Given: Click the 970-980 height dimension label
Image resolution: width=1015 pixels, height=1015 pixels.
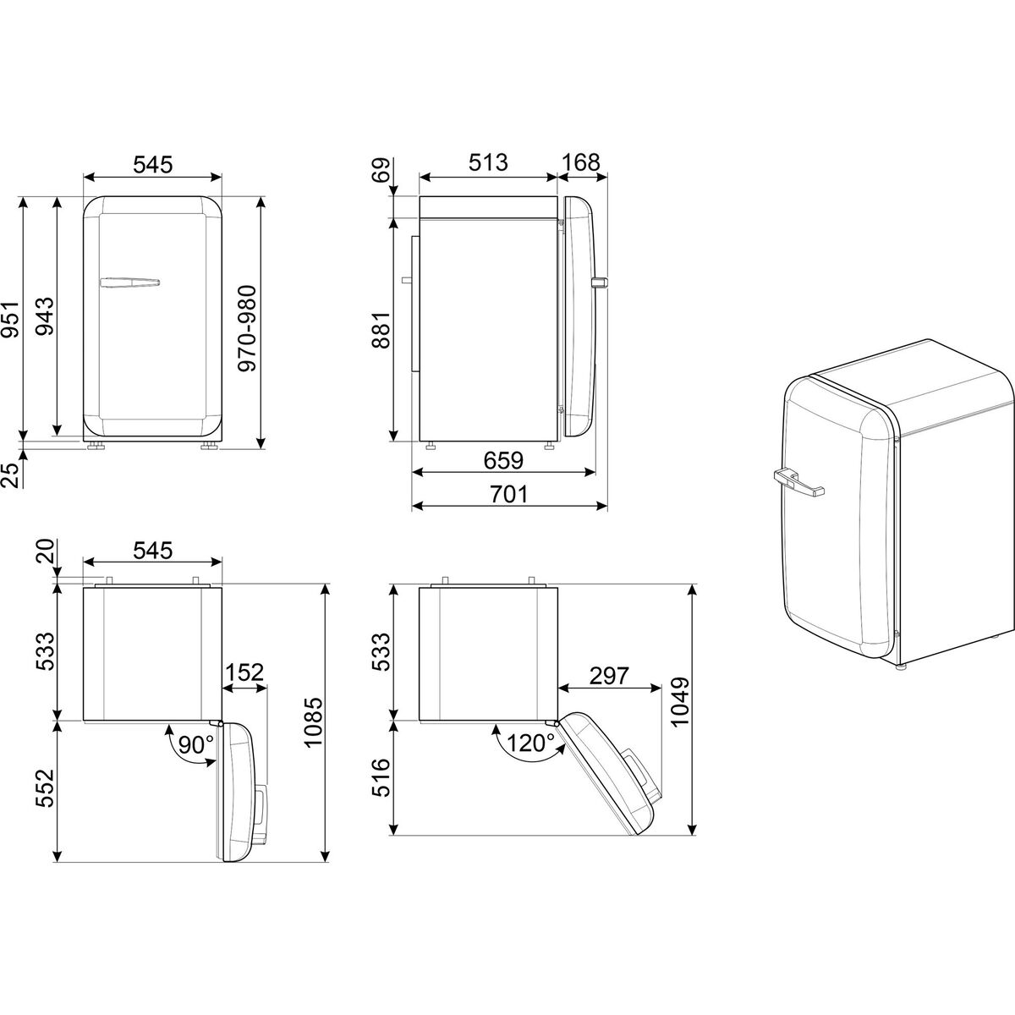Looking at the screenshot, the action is [x=246, y=329].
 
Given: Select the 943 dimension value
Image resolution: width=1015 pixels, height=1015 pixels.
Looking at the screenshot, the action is [x=44, y=316].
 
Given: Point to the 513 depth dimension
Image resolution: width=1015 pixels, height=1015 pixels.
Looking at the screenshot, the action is [x=488, y=162].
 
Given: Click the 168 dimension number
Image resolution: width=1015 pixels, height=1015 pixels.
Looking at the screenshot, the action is [x=581, y=162].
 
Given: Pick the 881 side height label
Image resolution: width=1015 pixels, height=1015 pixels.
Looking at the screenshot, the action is [x=381, y=330].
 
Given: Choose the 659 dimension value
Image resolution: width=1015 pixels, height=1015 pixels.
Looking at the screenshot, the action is [x=503, y=461].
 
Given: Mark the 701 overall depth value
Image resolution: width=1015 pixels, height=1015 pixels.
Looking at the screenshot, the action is [x=508, y=494].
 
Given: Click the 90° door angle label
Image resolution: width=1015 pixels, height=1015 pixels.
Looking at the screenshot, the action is [x=196, y=744].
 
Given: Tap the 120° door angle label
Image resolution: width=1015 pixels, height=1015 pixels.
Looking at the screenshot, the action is [x=530, y=743].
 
